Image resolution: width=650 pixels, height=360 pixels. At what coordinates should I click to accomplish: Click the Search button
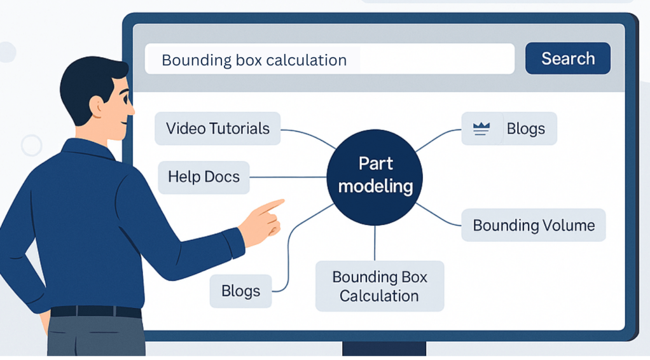click(567, 59)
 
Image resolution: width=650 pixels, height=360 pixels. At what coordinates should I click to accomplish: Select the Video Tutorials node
click(218, 128)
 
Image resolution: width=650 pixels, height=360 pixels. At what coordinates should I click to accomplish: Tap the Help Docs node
click(204, 176)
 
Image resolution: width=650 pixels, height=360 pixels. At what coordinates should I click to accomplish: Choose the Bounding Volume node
click(533, 225)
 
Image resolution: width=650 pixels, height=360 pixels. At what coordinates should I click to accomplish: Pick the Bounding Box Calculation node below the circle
click(379, 286)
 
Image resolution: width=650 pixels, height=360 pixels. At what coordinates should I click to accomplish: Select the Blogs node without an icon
click(240, 291)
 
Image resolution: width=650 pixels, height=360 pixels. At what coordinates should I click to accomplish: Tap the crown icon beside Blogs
click(481, 128)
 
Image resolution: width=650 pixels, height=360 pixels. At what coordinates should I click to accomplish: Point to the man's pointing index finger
click(273, 205)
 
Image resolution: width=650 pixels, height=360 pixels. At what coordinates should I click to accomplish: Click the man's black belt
click(95, 312)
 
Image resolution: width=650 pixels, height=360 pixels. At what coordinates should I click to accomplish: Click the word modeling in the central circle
click(375, 186)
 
